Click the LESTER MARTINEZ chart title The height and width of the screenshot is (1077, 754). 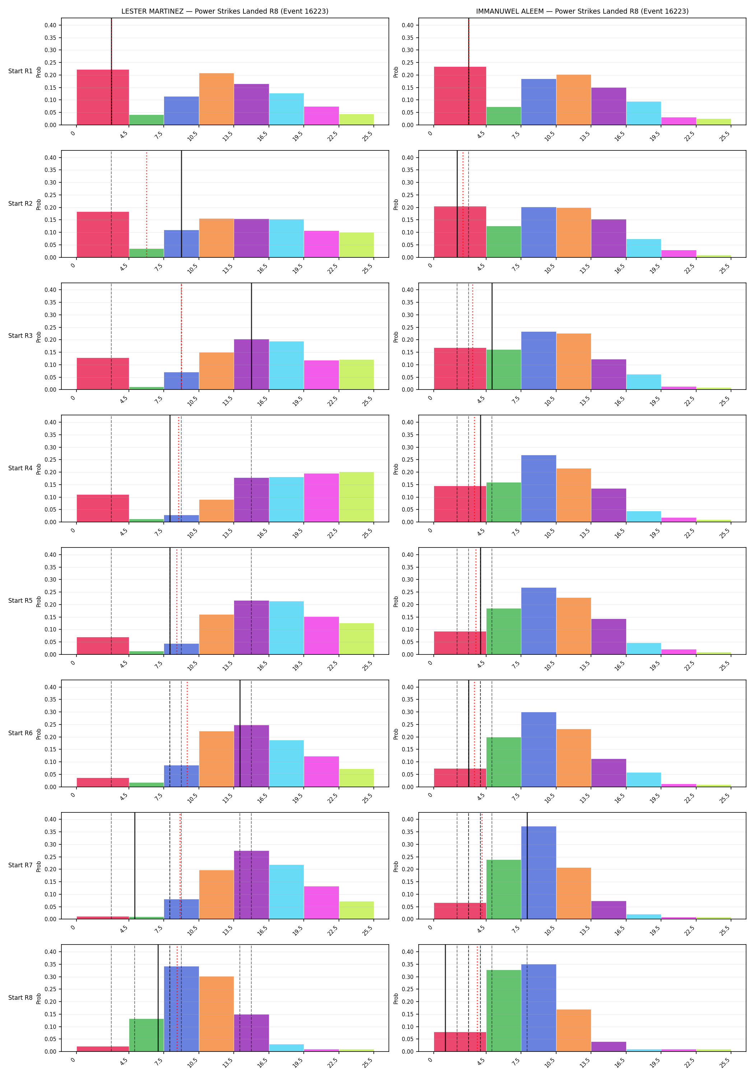(225, 11)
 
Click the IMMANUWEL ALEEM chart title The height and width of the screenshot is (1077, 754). (582, 11)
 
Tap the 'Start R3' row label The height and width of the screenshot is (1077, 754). (20, 336)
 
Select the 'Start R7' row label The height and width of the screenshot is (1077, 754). (20, 865)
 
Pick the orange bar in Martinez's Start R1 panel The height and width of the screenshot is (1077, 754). (216, 99)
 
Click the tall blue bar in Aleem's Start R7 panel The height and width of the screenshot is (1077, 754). (539, 872)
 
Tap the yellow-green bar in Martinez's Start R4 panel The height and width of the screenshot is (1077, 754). (357, 497)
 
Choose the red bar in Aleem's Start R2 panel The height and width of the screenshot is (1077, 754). (460, 232)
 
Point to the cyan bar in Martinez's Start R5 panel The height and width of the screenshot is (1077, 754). (286, 628)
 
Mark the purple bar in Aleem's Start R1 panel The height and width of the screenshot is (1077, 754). (609, 106)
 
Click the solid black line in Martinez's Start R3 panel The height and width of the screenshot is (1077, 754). (251, 336)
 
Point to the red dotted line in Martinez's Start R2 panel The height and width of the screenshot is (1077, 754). (146, 204)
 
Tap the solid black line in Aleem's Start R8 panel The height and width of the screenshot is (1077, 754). (445, 998)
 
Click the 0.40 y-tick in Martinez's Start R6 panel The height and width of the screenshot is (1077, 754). (50, 687)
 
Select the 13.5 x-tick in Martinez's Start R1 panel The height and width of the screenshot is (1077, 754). (228, 136)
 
